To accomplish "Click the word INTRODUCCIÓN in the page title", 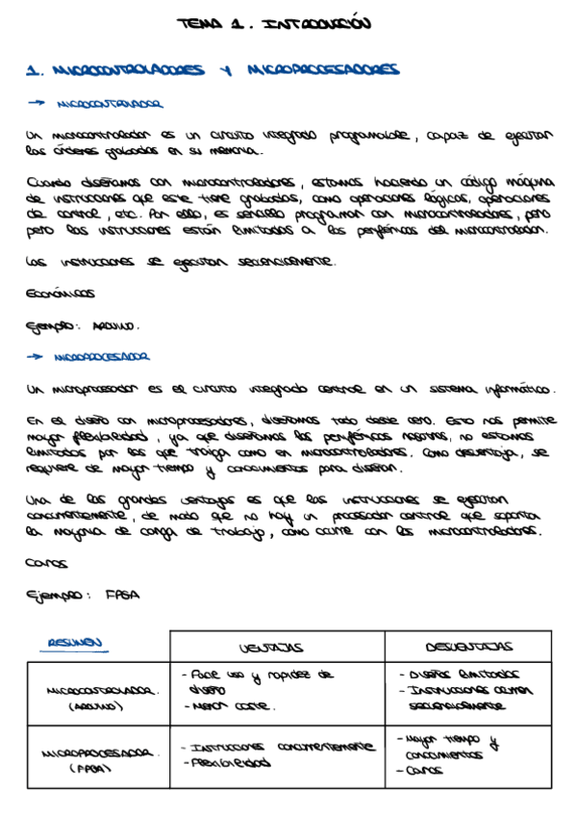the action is (x=315, y=23).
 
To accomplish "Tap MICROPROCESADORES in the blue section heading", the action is (x=322, y=69).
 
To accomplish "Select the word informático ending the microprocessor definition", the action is (x=517, y=390).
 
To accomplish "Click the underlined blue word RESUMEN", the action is (x=79, y=644).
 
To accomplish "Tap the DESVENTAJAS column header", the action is (x=469, y=647).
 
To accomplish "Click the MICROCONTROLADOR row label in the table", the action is (x=96, y=691).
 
